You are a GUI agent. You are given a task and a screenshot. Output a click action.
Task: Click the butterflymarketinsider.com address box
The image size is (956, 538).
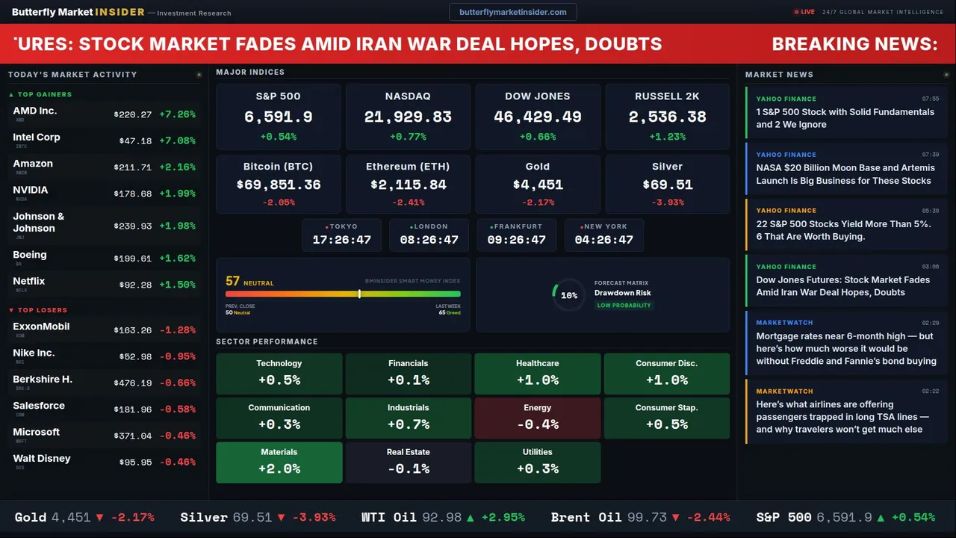[x=512, y=12]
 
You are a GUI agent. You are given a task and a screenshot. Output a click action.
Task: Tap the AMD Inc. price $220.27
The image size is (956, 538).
[x=133, y=114]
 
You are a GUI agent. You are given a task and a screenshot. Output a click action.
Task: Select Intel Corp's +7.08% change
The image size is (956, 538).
[x=177, y=140]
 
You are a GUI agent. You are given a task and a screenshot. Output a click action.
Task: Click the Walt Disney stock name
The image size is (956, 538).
[x=42, y=458]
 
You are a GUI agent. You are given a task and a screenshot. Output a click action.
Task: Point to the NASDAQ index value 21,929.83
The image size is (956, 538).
[x=408, y=117]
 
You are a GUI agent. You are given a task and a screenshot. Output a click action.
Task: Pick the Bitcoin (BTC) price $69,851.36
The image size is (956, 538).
[x=279, y=185]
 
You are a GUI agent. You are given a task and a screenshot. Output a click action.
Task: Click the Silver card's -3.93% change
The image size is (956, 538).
[x=667, y=202]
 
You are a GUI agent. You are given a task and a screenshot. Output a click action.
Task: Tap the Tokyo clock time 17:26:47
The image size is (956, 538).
[x=341, y=240]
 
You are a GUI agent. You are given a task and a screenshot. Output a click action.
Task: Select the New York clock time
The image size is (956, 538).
[x=603, y=240]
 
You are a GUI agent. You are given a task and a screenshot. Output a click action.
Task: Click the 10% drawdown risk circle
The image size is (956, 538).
[x=568, y=295]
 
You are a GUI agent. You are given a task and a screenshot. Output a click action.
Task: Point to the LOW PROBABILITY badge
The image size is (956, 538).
[x=624, y=306]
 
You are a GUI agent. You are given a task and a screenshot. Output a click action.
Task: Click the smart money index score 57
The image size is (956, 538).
[x=232, y=281]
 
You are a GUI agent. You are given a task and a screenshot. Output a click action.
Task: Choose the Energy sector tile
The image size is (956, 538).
[x=537, y=418]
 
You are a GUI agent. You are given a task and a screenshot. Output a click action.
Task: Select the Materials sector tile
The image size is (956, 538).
[x=279, y=462]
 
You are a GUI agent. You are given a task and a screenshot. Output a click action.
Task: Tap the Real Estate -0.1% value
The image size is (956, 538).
[x=408, y=469]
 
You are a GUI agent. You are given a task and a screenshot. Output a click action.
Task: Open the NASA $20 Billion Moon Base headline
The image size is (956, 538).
[x=845, y=174]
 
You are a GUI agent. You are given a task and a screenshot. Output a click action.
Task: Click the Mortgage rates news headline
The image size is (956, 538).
[x=845, y=348]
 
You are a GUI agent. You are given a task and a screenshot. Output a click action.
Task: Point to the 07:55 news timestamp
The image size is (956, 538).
[x=930, y=99]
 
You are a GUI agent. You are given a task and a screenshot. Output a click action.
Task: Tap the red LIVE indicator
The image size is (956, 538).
[x=804, y=12]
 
